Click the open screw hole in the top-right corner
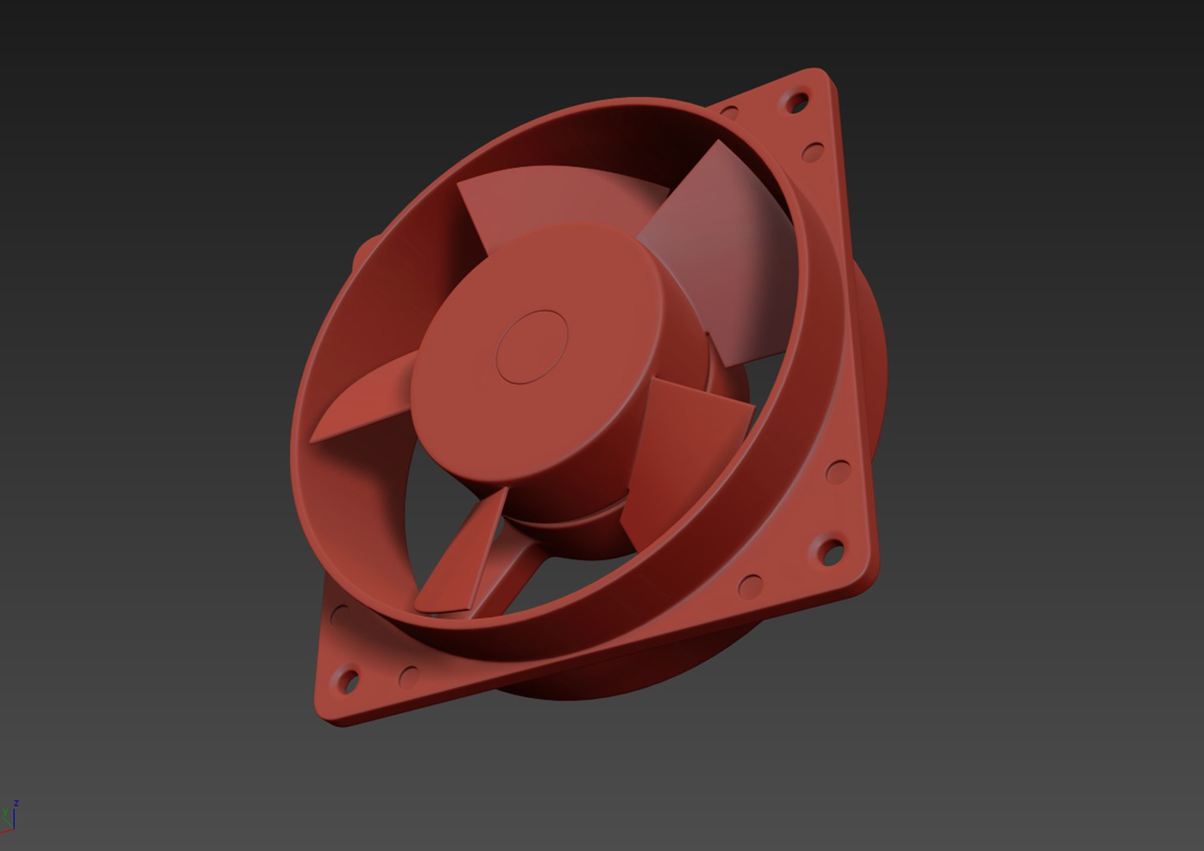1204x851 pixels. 797,102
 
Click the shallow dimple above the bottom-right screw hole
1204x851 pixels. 838,472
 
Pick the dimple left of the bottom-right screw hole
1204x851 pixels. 750,585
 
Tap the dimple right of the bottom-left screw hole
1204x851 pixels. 409,675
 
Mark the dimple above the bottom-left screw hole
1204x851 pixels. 339,615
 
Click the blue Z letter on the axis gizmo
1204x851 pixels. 16,804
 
